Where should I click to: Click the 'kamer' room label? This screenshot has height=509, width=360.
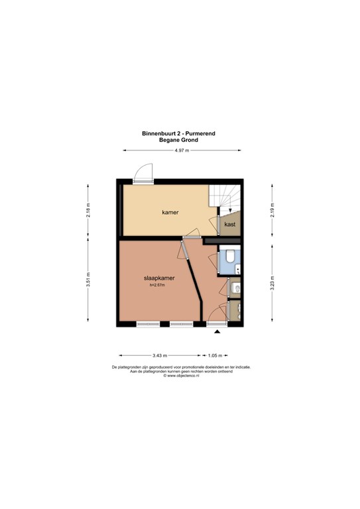pos(170,213)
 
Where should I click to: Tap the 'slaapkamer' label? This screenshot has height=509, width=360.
pos(159,278)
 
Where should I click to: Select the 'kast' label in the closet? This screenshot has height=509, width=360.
pos(230,224)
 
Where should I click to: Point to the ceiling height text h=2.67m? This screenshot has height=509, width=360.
pos(157,285)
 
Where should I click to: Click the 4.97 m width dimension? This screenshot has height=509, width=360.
pos(182,150)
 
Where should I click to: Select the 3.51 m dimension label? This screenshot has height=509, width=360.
pos(88,280)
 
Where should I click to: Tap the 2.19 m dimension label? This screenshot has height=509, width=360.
pos(272,210)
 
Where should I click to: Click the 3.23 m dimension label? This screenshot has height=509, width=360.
pos(272,283)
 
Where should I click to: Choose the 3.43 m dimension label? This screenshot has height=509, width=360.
pos(160,355)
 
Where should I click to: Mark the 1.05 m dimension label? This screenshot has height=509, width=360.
pos(215,355)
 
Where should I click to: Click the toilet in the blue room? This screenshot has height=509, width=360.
pos(230,255)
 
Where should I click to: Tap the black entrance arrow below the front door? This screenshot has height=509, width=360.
pos(217,331)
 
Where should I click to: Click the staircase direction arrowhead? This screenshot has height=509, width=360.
pos(230,210)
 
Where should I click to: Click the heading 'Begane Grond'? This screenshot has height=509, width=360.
pos(178,141)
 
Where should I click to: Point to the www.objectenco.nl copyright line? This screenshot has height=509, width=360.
pos(181,376)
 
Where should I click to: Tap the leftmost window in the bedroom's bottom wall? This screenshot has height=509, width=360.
pos(148,323)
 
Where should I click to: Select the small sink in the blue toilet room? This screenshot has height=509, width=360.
pos(237,269)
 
